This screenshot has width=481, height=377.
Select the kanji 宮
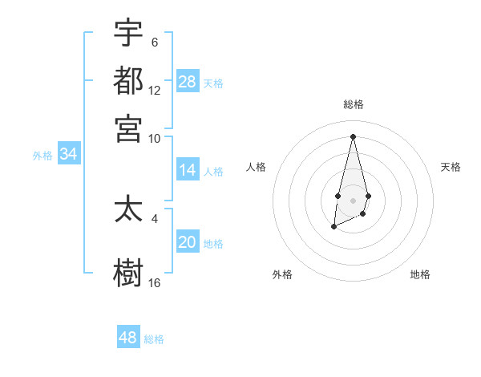coord(128,128)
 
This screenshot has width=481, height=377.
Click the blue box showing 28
coord(188,81)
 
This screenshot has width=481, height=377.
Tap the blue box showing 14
coord(188,170)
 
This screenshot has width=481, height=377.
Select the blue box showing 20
coord(188,242)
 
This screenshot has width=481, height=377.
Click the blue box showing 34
coord(68,154)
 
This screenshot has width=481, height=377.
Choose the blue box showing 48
coord(128,338)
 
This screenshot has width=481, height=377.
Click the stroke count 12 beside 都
coord(155,91)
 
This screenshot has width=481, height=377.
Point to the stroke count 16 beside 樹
coord(155,282)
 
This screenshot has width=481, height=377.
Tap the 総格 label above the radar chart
coord(353,104)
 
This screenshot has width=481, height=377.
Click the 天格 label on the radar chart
coord(451,167)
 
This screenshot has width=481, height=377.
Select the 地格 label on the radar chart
coord(420,274)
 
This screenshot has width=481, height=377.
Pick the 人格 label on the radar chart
coord(257,167)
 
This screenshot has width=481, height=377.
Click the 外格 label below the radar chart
coord(282,274)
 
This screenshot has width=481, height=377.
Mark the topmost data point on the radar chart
coord(353,136)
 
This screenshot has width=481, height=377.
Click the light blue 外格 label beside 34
coord(42,156)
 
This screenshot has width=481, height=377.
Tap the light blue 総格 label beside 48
coord(154,339)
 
